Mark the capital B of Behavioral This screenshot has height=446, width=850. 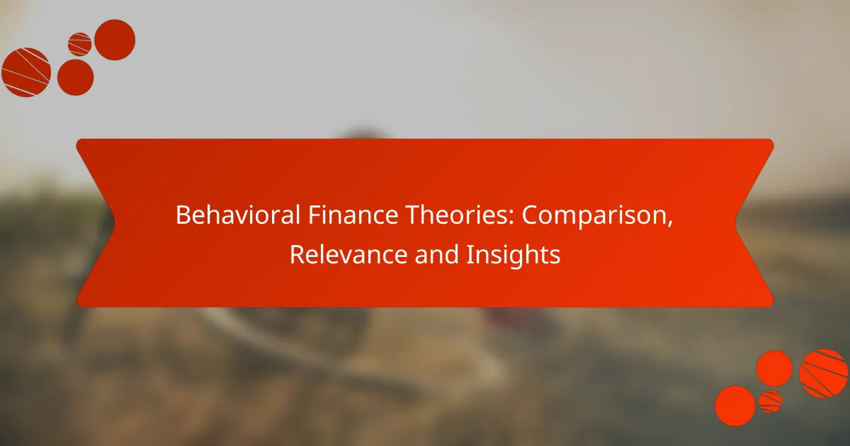182,216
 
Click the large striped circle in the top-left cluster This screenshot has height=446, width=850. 26,72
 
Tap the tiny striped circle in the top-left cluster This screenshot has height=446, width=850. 80,44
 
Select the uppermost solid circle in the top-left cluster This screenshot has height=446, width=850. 115,40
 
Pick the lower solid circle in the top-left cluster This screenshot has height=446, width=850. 75,76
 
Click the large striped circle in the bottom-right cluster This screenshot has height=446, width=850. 823,373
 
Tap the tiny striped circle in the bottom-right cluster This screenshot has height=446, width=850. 770,401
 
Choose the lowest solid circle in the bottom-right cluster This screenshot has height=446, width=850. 735,406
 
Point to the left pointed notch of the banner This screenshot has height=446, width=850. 113,223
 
